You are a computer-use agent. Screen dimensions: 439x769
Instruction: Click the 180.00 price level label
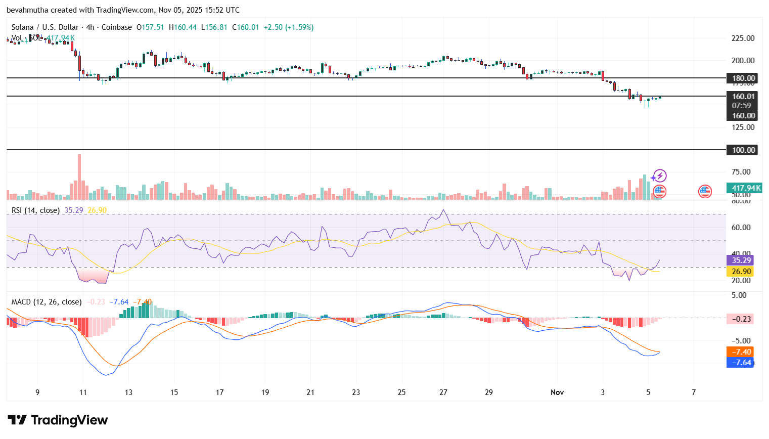tap(743, 78)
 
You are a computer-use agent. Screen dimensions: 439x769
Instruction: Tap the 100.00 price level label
tap(743, 150)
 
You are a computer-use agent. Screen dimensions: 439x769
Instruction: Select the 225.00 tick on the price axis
tap(743, 38)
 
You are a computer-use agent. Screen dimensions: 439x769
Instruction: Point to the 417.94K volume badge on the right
tap(746, 188)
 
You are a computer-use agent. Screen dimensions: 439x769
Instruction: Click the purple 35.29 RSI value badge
tap(741, 260)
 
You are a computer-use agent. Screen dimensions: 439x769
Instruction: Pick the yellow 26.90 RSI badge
tap(741, 272)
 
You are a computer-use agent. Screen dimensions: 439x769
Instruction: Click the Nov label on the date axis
tap(557, 392)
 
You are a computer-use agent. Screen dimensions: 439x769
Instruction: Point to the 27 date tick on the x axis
tap(443, 392)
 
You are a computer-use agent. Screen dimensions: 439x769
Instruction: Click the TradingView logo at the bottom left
tap(58, 420)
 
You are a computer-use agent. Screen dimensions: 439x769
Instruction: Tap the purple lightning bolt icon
tap(659, 176)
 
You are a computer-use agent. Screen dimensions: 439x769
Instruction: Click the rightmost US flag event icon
tap(705, 191)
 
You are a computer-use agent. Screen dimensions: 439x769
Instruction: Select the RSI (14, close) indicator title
tap(35, 210)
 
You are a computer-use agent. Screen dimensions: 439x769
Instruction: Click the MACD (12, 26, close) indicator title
tap(47, 302)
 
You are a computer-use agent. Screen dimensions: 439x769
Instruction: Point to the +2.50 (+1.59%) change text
tap(289, 27)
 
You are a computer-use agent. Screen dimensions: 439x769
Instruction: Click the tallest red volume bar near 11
tap(79, 177)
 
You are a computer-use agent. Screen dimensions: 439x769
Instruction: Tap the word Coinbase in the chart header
tap(117, 27)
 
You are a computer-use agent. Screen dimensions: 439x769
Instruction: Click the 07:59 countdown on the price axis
tap(741, 106)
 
